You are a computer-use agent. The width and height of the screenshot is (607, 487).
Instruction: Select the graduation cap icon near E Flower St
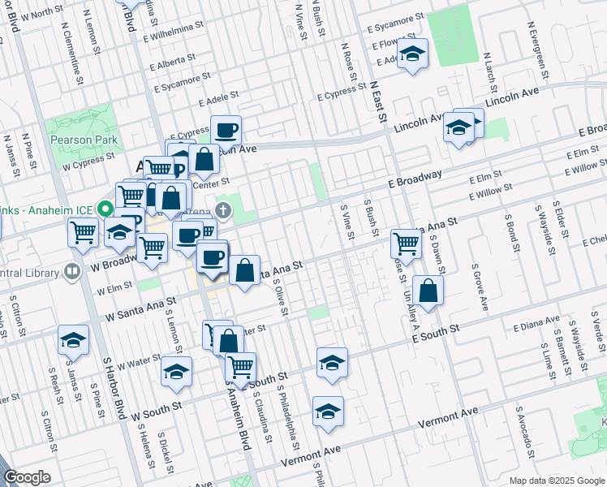tap(413, 54)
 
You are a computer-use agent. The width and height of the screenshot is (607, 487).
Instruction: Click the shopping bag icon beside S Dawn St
tap(428, 291)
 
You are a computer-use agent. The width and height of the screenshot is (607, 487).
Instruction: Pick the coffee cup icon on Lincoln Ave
tap(226, 130)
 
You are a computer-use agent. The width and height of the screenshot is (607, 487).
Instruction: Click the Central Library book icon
tap(72, 270)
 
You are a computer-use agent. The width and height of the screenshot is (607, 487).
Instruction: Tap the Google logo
tap(27, 477)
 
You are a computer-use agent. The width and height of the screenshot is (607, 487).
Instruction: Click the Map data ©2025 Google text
tap(556, 481)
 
